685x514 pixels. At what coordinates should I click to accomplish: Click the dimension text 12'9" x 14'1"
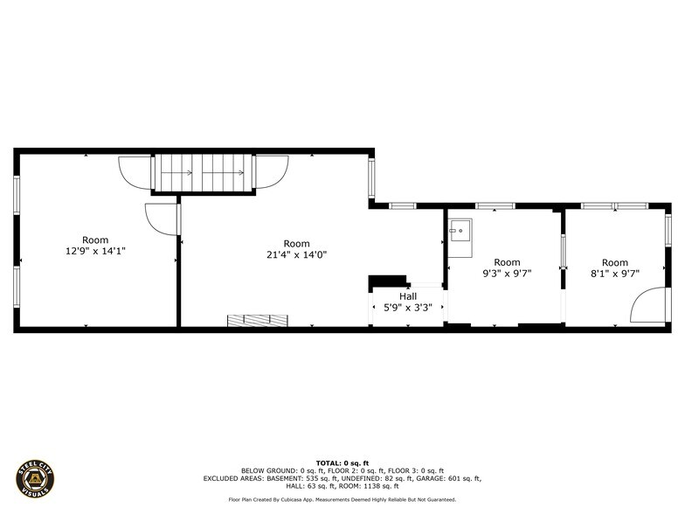(x=95, y=252)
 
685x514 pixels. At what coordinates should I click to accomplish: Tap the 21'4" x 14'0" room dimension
(x=297, y=254)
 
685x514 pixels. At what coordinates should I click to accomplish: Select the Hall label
(x=407, y=296)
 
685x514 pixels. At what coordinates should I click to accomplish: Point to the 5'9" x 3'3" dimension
(x=407, y=308)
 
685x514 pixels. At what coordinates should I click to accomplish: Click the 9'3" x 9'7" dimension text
(x=507, y=274)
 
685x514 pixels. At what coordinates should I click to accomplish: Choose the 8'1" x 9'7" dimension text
(x=615, y=274)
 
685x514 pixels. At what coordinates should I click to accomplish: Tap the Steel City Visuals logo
(x=35, y=479)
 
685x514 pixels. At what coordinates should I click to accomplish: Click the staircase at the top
(x=204, y=173)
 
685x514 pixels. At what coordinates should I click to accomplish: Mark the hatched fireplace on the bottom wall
(x=258, y=320)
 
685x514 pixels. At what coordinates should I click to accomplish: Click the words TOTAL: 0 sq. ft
(x=342, y=463)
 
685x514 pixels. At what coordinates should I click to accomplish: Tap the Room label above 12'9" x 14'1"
(x=95, y=240)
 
